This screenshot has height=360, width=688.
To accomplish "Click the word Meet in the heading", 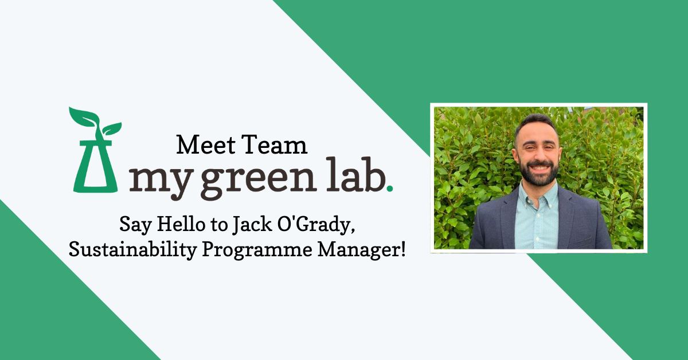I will click(200, 144).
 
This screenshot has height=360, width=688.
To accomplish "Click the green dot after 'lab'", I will click(390, 188).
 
